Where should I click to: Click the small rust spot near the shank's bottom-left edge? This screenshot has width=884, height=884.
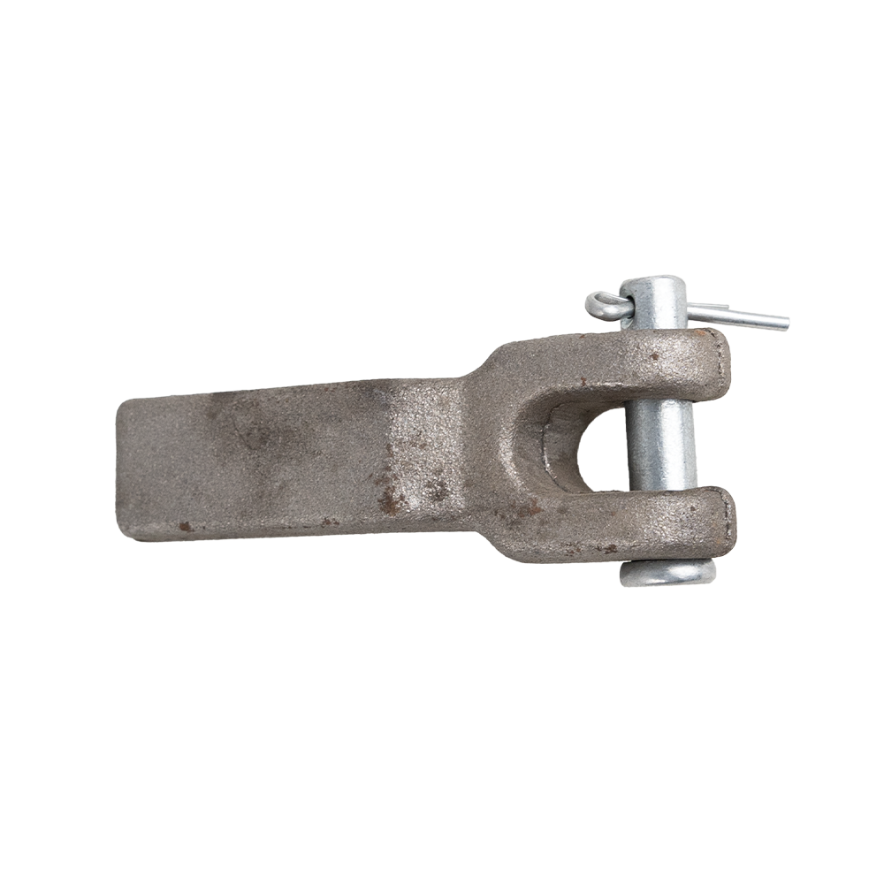(185, 526)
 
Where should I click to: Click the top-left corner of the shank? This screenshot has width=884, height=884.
(124, 403)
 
